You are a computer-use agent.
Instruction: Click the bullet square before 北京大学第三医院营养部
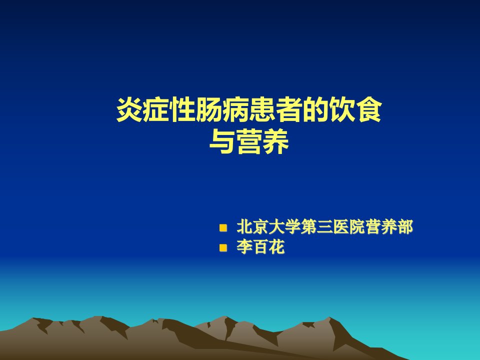coord(223,228)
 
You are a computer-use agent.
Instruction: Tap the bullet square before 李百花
coord(223,247)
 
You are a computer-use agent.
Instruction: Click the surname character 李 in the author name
coord(244,246)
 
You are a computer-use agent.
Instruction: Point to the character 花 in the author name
coord(276,246)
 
